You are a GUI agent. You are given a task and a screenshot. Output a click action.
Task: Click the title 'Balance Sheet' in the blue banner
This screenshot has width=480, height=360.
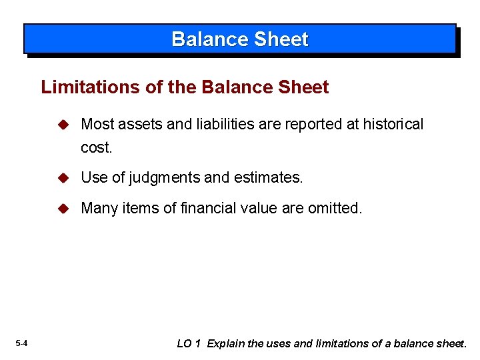point(240,39)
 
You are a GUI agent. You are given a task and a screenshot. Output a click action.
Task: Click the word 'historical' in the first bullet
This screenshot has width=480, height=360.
point(393,125)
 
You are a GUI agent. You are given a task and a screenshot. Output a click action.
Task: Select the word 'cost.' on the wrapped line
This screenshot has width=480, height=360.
point(97,148)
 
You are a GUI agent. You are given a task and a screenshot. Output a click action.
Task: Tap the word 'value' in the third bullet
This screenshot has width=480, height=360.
point(259,209)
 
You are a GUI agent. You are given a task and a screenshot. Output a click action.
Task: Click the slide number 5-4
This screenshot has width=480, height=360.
point(21,344)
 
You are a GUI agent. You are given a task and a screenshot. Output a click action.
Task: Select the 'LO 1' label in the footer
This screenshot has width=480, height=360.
point(189,344)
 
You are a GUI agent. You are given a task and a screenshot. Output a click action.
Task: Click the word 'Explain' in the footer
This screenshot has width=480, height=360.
point(225,344)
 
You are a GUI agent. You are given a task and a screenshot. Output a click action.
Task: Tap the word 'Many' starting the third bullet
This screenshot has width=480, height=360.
point(98,209)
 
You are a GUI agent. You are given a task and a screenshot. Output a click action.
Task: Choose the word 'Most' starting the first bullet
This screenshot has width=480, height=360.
point(97,125)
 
